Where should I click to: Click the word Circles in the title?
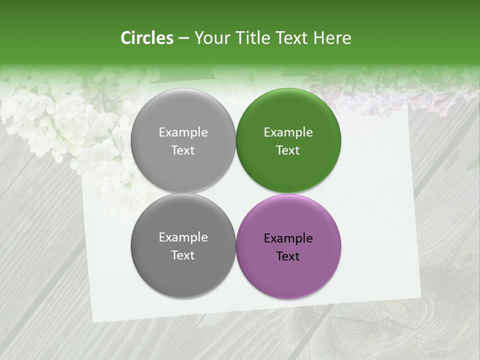(147, 38)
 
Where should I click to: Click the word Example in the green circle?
(288, 132)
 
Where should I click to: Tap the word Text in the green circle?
(288, 150)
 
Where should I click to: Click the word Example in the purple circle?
(288, 238)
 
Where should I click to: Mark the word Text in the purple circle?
(288, 256)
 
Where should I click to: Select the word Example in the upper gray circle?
(183, 132)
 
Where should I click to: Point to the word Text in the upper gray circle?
(183, 150)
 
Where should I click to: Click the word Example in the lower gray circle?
(183, 237)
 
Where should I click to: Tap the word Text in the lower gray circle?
(183, 255)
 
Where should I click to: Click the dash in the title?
(183, 38)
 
